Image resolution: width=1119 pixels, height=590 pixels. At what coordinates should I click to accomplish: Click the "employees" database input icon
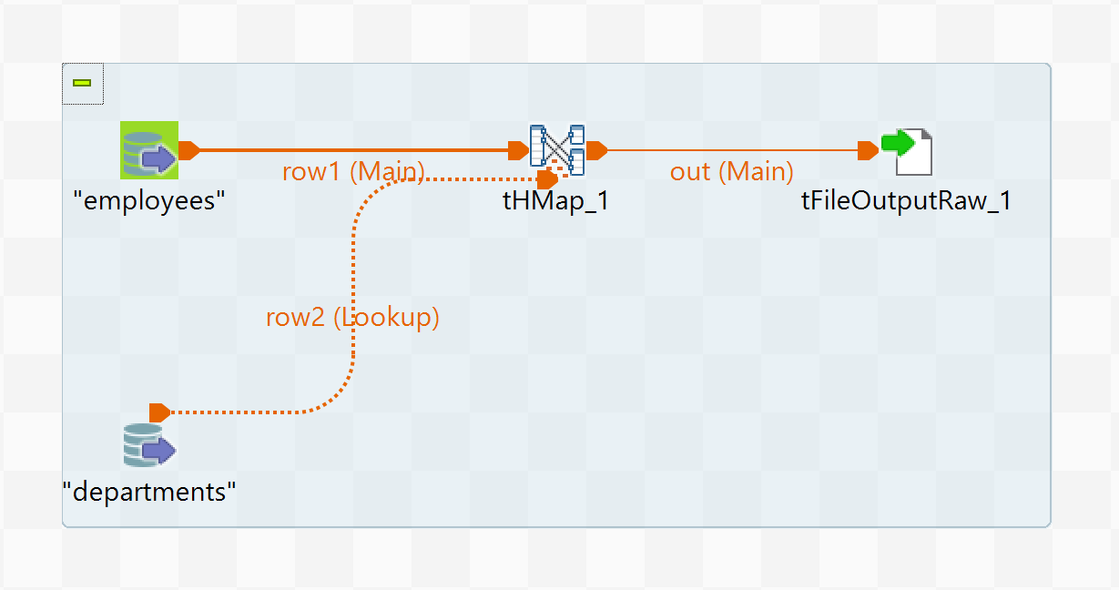pos(149,150)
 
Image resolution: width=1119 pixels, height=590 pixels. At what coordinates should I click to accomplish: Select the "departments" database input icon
pos(149,445)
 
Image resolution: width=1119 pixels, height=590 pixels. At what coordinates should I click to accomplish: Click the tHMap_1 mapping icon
pos(557,149)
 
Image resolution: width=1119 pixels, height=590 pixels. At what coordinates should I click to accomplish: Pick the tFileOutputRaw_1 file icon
pos(908,150)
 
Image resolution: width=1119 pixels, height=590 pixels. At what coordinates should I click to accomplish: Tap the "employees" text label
pos(149,200)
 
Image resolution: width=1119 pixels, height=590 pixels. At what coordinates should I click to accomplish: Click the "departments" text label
pos(149,492)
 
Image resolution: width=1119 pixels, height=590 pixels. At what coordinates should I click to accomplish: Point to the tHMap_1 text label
pos(555,200)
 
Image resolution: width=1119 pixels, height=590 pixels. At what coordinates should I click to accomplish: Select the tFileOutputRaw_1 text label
pos(906,200)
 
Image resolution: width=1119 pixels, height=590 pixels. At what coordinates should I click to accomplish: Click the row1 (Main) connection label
pos(353,171)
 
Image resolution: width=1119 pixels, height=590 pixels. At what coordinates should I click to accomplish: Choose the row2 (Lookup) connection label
pos(352,317)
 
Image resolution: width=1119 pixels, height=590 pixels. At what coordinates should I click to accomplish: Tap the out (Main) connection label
pos(731,171)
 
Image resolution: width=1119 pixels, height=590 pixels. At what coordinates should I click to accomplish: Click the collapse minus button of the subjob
pos(82,83)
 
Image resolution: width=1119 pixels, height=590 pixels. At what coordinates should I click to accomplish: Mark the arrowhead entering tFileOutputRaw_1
pos(868,150)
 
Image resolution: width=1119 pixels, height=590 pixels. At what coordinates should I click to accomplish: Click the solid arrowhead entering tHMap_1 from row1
pos(518,150)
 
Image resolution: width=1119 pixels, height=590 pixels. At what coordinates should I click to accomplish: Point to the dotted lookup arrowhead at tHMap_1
pos(548,178)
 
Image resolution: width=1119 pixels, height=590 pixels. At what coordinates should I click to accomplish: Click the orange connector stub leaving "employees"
pos(188,150)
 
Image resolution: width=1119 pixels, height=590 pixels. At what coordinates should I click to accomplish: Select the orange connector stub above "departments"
pos(159,412)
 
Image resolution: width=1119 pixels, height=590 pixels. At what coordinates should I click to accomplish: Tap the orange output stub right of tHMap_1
pos(597,150)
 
